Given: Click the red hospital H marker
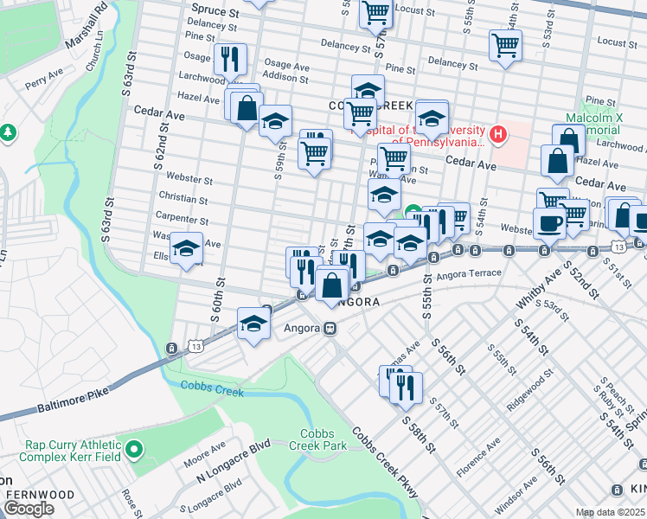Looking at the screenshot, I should click(x=497, y=134).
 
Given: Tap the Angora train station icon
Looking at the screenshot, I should click(x=329, y=329).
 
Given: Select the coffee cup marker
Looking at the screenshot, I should click(x=550, y=223).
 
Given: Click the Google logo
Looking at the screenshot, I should click(x=29, y=509).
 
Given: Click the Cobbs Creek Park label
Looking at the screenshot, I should click(x=323, y=439).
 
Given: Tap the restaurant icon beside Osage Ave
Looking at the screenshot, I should click(x=230, y=59).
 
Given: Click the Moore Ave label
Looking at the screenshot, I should click(x=204, y=454).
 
